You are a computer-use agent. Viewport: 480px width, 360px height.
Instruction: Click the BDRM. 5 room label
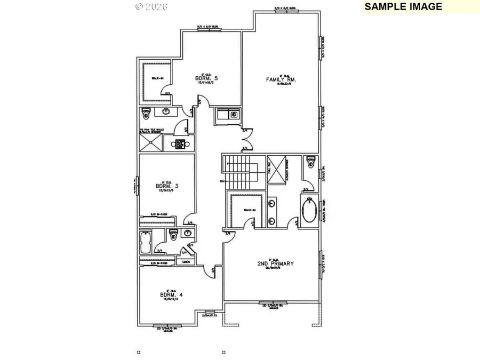[206, 78]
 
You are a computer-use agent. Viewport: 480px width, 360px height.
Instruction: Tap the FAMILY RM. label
[281, 79]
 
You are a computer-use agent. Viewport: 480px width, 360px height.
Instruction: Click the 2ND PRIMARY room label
[275, 263]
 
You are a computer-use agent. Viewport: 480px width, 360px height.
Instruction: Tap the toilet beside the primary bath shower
[311, 163]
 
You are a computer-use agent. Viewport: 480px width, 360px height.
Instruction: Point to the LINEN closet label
[186, 262]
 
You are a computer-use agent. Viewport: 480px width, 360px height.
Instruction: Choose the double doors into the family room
[245, 139]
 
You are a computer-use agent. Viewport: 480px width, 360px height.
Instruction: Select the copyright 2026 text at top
[151, 6]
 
